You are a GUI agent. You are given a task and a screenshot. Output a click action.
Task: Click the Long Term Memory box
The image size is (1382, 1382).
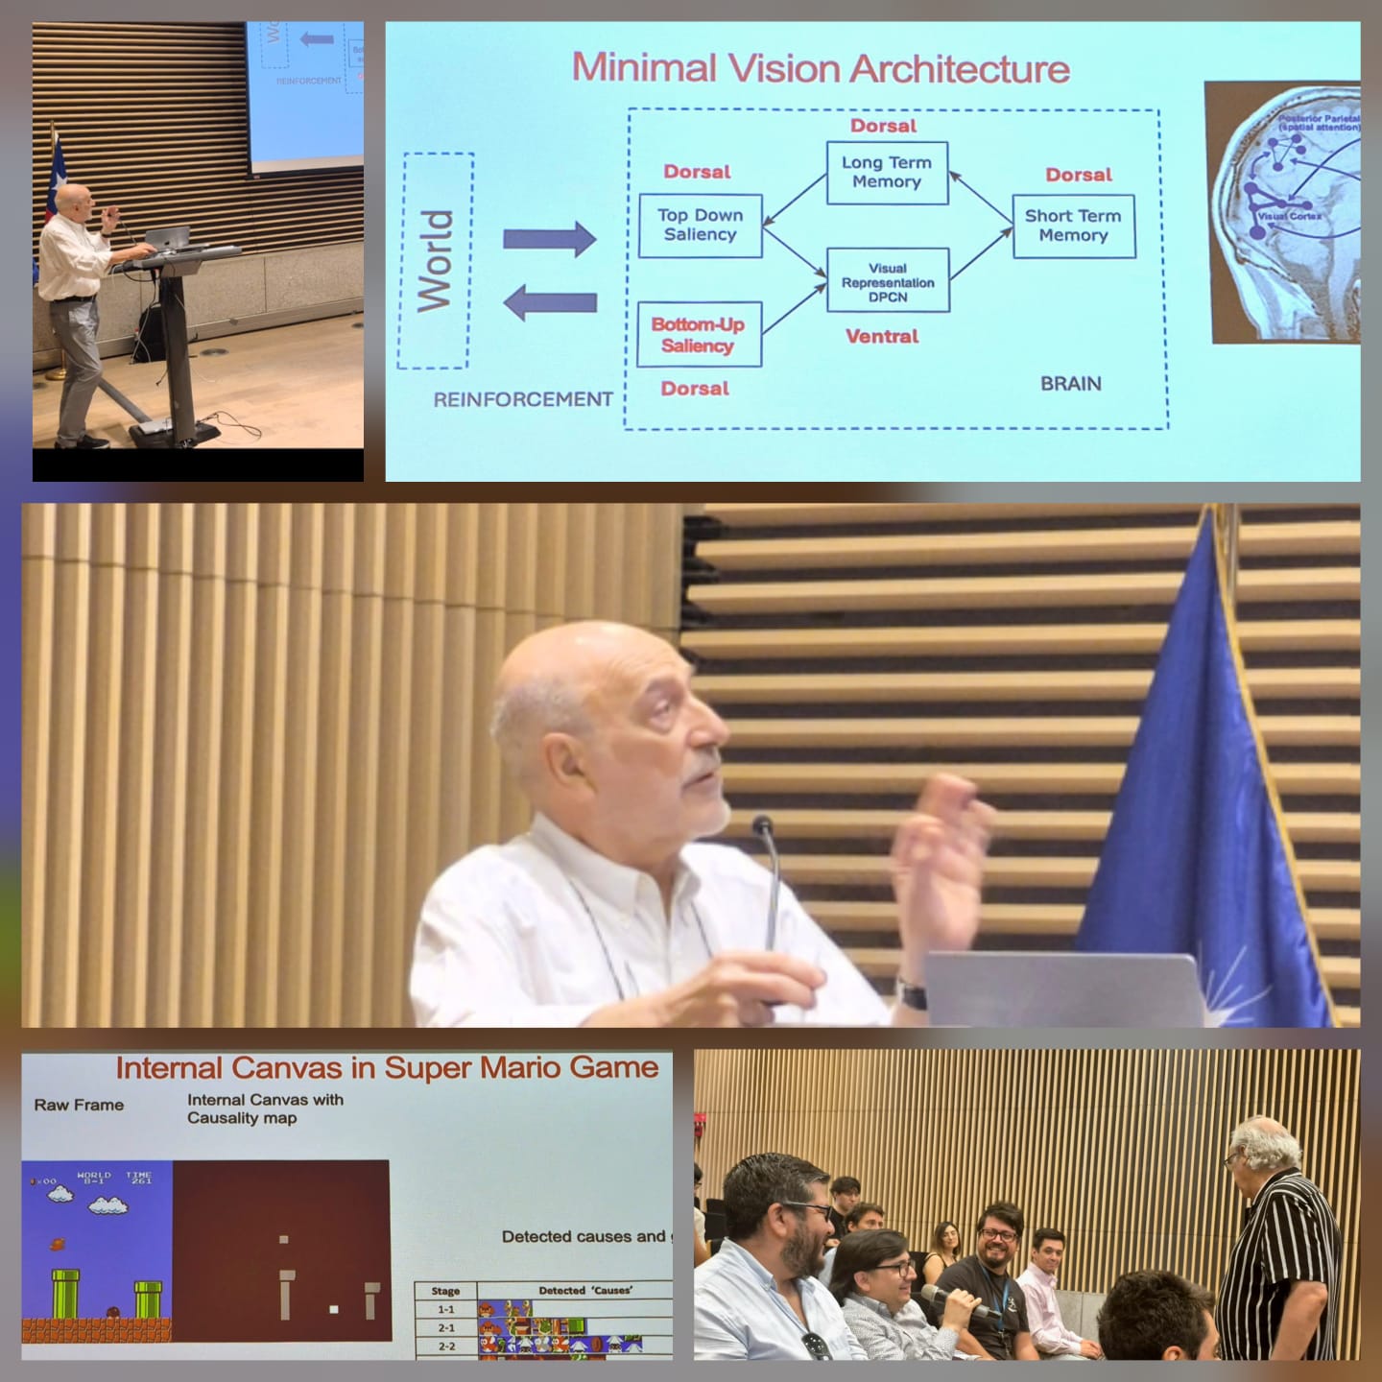887,173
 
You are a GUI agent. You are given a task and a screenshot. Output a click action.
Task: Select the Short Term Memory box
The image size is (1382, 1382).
1073,226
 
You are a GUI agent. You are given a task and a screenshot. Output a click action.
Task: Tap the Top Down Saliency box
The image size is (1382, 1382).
700,225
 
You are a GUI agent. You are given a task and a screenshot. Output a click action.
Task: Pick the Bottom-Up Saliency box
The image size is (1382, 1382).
698,334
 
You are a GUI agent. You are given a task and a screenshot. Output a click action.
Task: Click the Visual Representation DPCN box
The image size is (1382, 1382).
888,282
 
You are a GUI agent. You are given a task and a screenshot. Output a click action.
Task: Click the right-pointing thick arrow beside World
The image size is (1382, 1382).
549,239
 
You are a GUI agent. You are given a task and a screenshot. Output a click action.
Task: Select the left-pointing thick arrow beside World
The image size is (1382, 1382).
549,302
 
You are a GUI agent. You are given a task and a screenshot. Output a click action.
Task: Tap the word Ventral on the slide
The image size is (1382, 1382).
881,337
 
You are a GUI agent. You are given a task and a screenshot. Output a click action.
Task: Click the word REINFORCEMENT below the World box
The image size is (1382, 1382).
523,399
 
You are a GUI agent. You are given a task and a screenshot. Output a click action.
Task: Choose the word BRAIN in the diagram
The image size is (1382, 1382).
1070,384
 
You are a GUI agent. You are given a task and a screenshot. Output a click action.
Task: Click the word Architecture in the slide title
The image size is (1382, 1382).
960,69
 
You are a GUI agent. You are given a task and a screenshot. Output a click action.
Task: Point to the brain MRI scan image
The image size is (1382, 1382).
1284,211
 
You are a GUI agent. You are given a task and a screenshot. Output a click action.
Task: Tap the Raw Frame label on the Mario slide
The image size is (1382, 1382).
79,1106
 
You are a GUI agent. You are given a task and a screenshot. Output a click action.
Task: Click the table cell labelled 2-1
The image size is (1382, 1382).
446,1328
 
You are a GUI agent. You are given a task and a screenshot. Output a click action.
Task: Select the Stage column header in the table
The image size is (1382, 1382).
446,1291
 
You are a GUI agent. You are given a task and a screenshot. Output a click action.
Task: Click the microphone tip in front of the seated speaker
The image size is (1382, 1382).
763,824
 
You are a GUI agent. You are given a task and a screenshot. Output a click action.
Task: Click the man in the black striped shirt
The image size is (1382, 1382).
1281,1248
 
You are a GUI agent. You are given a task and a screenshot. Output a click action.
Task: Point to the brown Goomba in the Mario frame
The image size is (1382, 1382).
112,1312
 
